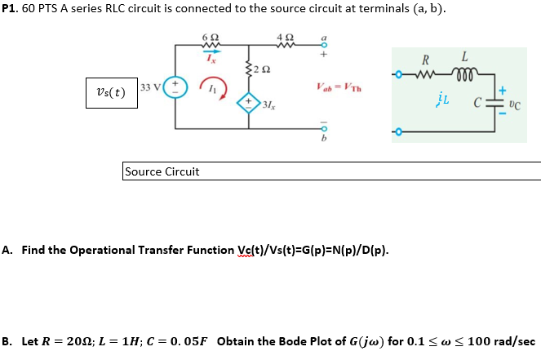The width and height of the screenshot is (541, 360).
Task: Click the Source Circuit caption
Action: pos(162,171)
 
